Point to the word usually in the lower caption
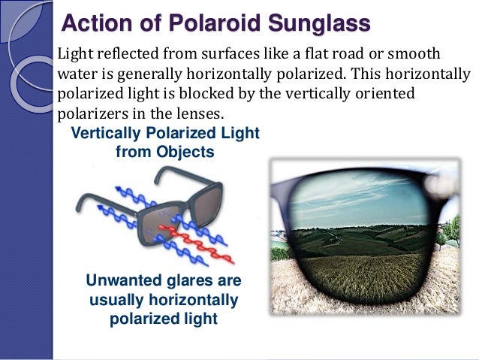114,301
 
